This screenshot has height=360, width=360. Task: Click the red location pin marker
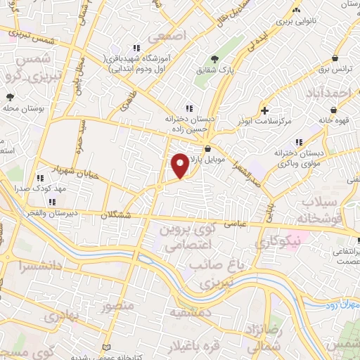(181, 165)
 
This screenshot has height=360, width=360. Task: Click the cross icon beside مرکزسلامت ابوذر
(264, 110)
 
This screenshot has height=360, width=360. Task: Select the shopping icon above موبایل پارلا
(208, 149)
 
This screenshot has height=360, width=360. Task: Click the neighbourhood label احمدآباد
(328, 93)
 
